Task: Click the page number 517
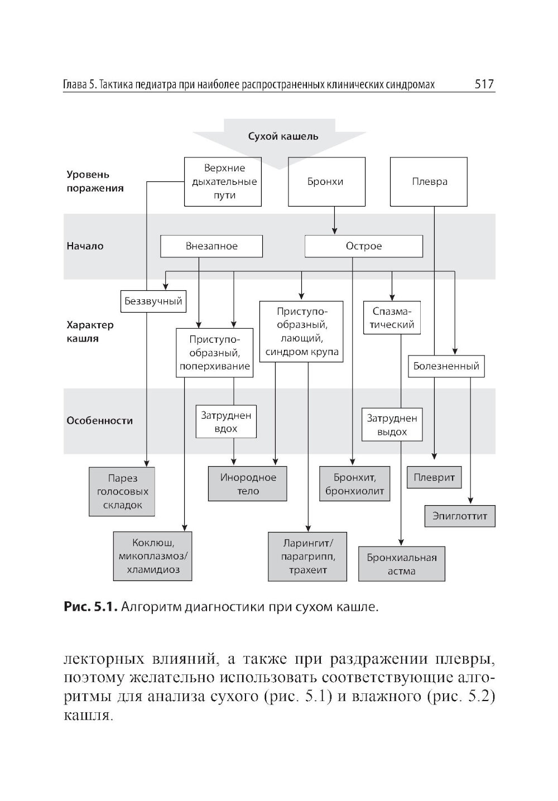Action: [484, 85]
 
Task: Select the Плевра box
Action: [429, 181]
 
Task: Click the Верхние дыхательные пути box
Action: [223, 181]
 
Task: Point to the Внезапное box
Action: [211, 246]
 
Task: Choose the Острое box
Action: [363, 246]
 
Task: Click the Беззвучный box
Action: [153, 301]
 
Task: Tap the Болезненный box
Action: [446, 366]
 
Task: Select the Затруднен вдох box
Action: [225, 421]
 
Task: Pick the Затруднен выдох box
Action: [392, 425]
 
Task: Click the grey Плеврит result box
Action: [434, 477]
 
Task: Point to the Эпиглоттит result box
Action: [460, 516]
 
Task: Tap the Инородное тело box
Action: [248, 484]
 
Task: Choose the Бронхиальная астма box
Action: [401, 564]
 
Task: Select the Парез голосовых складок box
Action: [122, 491]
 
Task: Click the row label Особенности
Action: [99, 421]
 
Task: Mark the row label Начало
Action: [85, 246]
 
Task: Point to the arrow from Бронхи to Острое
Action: [334, 221]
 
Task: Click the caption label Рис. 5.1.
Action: [90, 607]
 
